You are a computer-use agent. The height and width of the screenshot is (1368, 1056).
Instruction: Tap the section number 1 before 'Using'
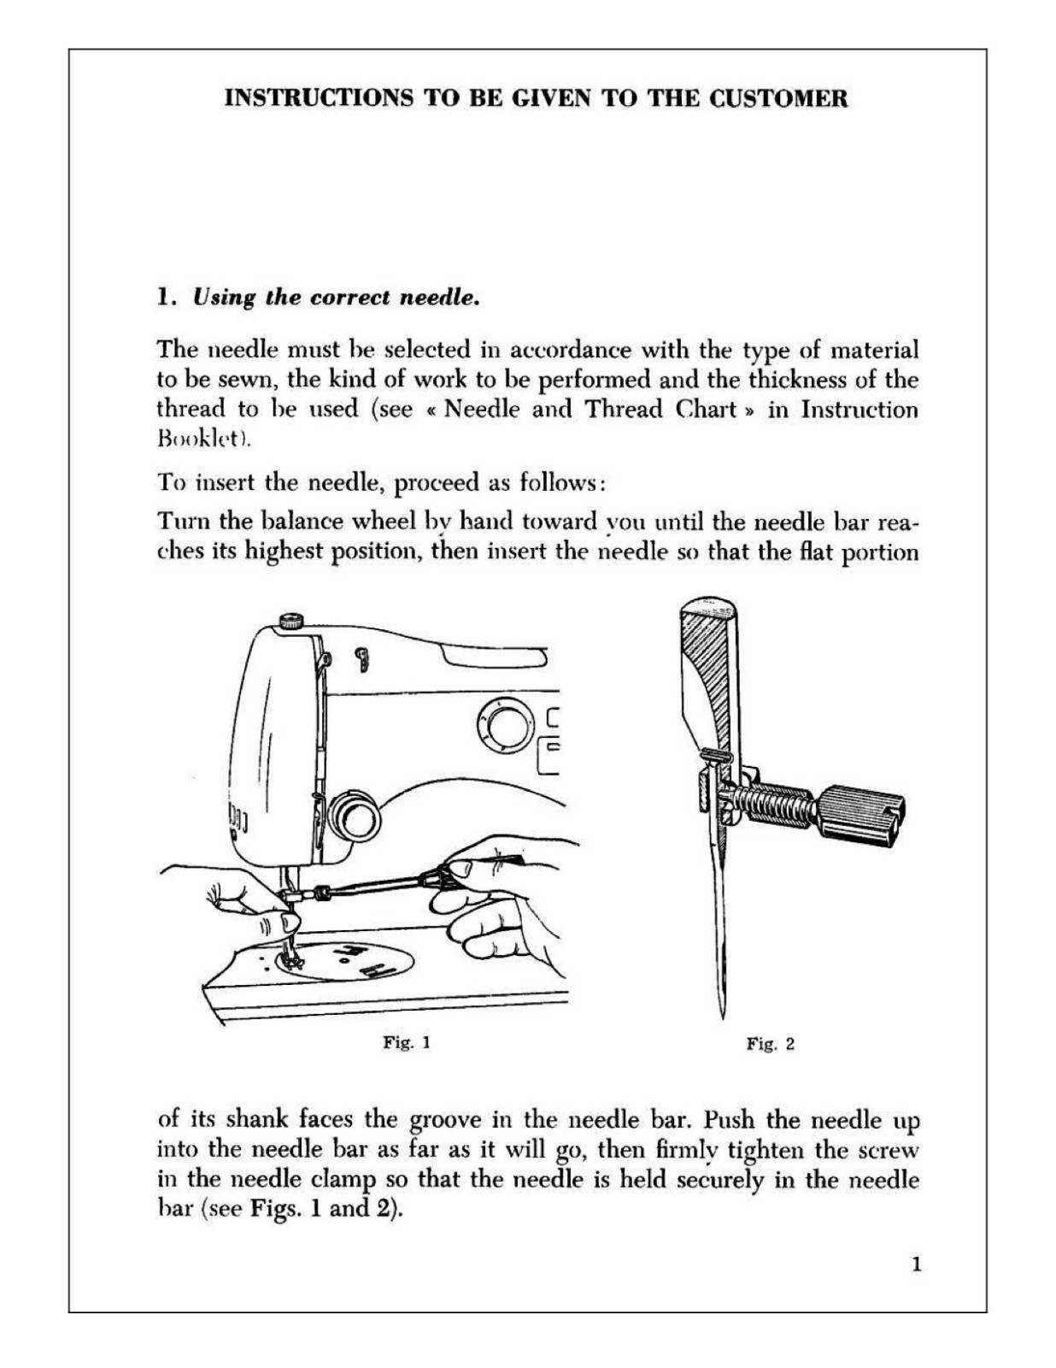(x=165, y=298)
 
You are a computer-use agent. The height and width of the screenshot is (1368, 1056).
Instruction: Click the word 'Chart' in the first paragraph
(x=707, y=409)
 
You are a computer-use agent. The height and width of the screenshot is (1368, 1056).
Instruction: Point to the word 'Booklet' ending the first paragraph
(x=201, y=439)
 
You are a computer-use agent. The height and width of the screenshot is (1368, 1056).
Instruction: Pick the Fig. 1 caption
(x=407, y=1042)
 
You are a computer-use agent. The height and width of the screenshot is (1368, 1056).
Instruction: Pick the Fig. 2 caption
(x=771, y=1044)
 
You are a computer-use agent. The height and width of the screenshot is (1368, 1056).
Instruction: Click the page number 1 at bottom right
(x=917, y=1265)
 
